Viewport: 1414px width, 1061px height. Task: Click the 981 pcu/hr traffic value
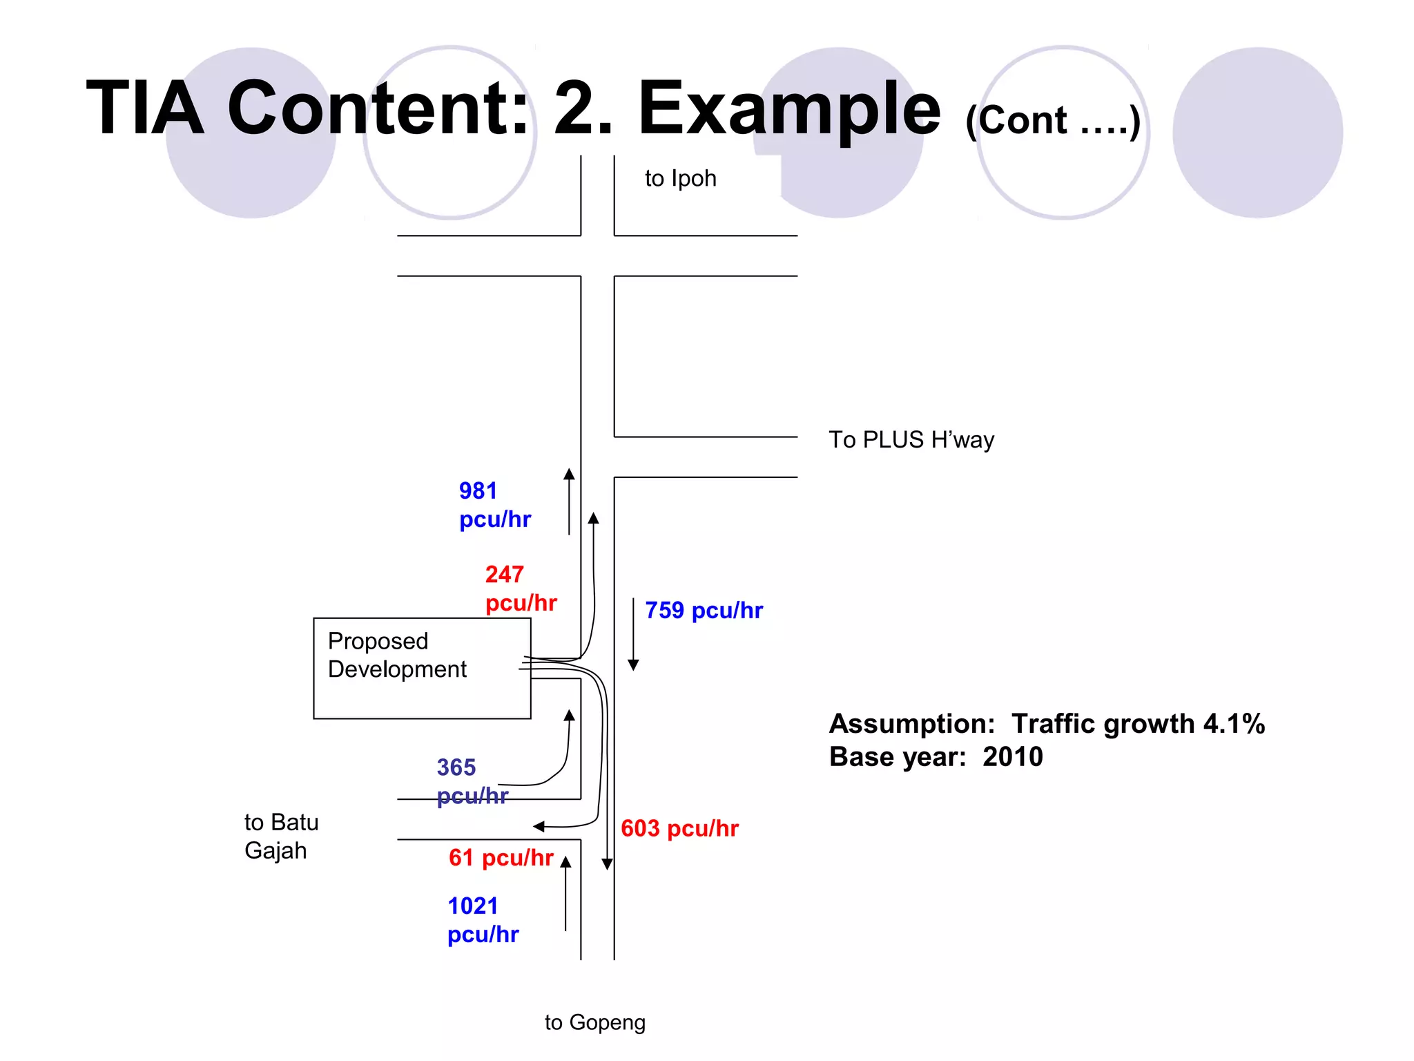[494, 505]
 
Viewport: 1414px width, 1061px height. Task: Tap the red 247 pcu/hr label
[520, 589]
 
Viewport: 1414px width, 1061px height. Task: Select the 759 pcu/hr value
[703, 611]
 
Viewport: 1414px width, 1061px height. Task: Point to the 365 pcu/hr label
[472, 781]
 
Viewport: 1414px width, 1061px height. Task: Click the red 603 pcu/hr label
[679, 828]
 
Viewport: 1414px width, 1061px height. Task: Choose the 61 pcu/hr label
[501, 858]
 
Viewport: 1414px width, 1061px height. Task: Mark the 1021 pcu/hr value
[482, 920]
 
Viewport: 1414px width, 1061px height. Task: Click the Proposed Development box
[421, 668]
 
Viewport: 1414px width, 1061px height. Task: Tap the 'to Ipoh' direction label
[680, 179]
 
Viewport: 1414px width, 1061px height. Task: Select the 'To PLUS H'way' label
[911, 440]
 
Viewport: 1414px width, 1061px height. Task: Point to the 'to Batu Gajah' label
[281, 837]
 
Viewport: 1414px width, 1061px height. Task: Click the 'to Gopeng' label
[594, 1022]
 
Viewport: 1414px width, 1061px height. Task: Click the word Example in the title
[788, 108]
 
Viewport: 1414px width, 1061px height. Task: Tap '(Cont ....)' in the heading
[1052, 121]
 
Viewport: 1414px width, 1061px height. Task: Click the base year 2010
[1012, 757]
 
